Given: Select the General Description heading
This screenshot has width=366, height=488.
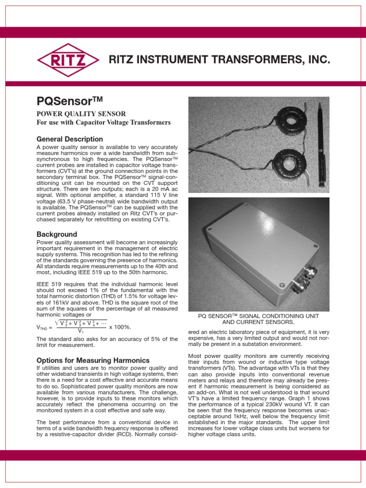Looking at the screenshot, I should pos(70,139).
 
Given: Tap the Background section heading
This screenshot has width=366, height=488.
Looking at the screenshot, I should pos(57,234).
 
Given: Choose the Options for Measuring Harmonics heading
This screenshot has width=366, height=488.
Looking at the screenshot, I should pos(93,360).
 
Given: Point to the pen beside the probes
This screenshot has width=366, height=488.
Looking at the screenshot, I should pos(320,143).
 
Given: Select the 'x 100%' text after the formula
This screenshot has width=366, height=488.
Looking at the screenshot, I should pos(120,327).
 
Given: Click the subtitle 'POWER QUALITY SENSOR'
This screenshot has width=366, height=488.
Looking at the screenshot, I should pos(81,114).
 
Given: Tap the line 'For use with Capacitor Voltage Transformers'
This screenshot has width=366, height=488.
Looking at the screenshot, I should pos(103,122).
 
